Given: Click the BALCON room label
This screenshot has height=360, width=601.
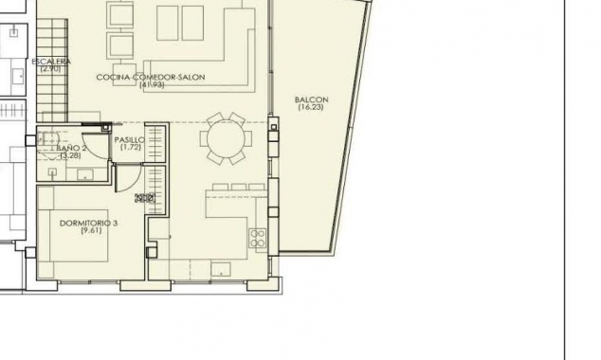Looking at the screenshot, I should click(x=311, y=99).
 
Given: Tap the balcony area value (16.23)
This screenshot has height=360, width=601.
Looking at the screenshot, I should click(x=311, y=107).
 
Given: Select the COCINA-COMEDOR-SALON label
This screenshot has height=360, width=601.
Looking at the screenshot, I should click(x=151, y=77).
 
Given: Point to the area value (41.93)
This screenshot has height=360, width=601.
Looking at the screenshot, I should click(x=152, y=85).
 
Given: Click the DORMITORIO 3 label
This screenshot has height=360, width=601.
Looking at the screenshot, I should click(x=88, y=223).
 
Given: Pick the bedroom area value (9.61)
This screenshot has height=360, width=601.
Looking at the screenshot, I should click(x=91, y=231).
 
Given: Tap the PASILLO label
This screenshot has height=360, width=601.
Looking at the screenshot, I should click(x=130, y=139).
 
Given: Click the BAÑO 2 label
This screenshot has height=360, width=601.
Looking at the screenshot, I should click(x=72, y=149).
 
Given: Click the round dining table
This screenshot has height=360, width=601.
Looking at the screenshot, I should click(x=226, y=139).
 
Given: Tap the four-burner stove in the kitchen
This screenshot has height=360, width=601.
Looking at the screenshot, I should click(x=257, y=239).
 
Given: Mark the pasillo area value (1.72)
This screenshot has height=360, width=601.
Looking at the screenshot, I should click(x=131, y=147).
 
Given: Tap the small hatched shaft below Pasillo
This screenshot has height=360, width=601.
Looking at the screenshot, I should click(x=144, y=198).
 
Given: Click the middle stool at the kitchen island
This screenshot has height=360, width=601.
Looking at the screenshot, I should click(x=236, y=187).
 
